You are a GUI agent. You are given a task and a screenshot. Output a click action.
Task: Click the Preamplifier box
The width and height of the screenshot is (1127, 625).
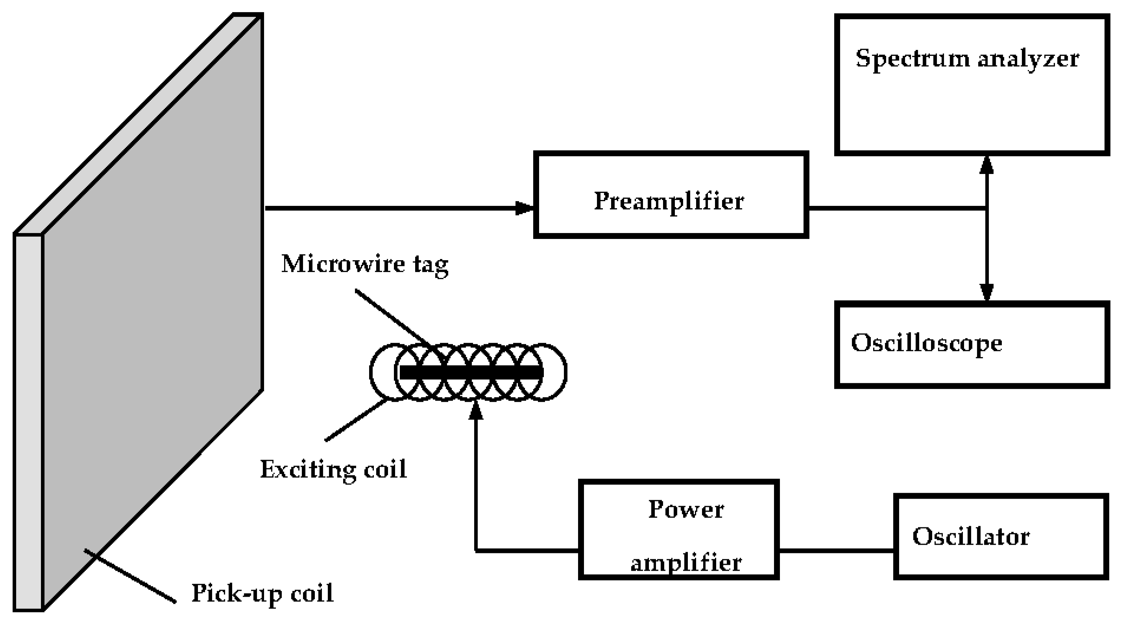(x=670, y=195)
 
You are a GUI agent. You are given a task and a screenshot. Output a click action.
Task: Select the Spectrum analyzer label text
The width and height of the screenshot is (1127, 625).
(x=967, y=58)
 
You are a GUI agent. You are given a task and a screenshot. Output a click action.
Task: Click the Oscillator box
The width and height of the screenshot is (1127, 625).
(x=1001, y=536)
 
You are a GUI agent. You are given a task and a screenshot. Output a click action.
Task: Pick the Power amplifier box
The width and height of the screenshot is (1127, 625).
(x=678, y=530)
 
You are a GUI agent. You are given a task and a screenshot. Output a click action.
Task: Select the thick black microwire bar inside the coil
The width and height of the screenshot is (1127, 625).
(x=472, y=372)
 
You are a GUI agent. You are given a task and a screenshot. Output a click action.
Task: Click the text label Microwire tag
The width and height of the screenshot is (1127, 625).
(x=364, y=264)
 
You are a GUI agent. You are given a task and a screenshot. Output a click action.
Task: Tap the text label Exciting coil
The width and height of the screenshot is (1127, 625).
(x=333, y=470)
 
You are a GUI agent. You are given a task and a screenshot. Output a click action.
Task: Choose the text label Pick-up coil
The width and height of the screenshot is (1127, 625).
(x=262, y=594)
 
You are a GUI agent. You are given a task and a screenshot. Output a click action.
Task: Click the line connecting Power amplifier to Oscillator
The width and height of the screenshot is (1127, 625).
(x=836, y=551)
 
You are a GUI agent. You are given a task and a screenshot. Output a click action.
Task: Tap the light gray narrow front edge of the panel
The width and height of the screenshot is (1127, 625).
(x=28, y=420)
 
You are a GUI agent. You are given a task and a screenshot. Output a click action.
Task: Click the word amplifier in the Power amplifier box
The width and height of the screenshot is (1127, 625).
(x=685, y=563)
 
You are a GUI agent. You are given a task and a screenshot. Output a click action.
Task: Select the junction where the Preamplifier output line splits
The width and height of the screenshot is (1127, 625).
(x=986, y=208)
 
